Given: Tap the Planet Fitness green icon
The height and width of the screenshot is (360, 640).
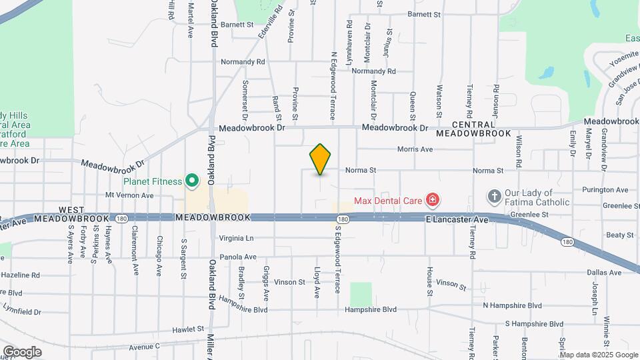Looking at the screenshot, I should click(192, 181).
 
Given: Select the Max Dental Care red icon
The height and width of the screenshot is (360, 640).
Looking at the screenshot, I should click(432, 199).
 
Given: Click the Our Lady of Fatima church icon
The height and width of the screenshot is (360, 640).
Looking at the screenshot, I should click(494, 196).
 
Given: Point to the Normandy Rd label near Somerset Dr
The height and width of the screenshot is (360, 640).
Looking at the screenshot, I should click(243, 62).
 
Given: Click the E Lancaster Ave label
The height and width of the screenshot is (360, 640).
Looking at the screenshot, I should click(457, 219).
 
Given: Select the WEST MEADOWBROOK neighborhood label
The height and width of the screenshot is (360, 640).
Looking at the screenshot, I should click(114, 213).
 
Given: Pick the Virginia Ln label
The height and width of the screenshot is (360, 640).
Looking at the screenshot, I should click(236, 237).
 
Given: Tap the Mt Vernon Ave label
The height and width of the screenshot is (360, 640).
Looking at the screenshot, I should click(130, 195).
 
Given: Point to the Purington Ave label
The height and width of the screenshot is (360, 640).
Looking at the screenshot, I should click(605, 190).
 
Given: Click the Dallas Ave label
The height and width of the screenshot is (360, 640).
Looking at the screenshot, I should click(605, 273).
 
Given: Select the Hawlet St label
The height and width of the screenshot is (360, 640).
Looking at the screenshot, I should click(187, 329).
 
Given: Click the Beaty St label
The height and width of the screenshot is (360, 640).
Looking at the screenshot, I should click(619, 235).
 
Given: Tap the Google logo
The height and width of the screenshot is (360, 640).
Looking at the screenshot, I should click(22, 351).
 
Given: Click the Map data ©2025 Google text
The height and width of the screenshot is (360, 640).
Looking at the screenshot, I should click(599, 354).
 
